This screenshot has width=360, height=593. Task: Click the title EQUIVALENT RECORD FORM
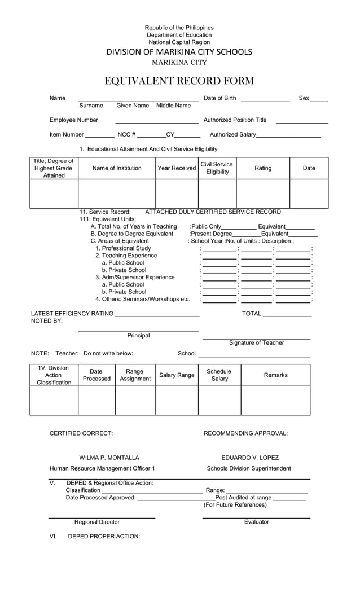click(179, 81)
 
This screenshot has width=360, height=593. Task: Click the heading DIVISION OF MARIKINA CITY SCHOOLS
click(179, 52)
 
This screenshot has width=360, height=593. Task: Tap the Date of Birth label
click(219, 98)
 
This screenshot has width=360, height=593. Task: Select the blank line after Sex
click(319, 100)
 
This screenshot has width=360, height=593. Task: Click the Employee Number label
click(74, 120)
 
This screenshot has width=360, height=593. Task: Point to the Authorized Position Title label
click(235, 120)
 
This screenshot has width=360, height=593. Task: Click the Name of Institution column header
click(117, 168)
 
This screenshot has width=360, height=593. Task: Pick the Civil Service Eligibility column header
click(217, 168)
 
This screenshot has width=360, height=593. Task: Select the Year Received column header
click(177, 168)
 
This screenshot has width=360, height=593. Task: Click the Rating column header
click(263, 168)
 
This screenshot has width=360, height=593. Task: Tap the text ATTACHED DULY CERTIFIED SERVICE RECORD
click(213, 212)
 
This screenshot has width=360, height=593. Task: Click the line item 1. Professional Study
click(123, 248)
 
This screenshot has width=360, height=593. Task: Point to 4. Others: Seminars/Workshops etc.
click(143, 299)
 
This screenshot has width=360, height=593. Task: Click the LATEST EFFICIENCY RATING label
click(72, 314)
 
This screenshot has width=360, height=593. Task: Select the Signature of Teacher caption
click(256, 342)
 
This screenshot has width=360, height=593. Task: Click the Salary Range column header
click(177, 375)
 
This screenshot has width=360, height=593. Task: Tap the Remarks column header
click(275, 375)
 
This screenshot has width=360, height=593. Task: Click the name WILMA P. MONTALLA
click(109, 458)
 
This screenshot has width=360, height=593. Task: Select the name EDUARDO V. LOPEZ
click(250, 458)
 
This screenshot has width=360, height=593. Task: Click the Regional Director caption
click(97, 522)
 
